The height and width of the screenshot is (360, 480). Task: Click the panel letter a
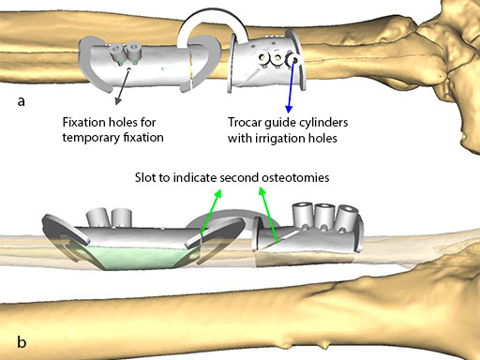[x=21, y=101]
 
